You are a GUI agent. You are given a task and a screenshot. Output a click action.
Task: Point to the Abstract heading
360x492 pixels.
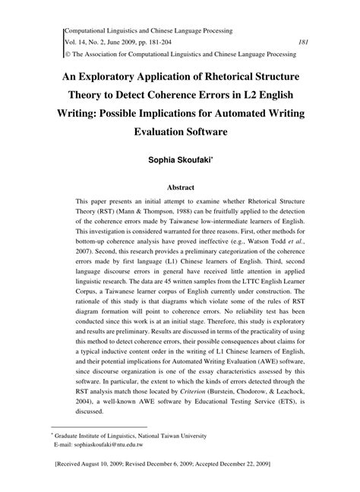[x=180, y=184]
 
